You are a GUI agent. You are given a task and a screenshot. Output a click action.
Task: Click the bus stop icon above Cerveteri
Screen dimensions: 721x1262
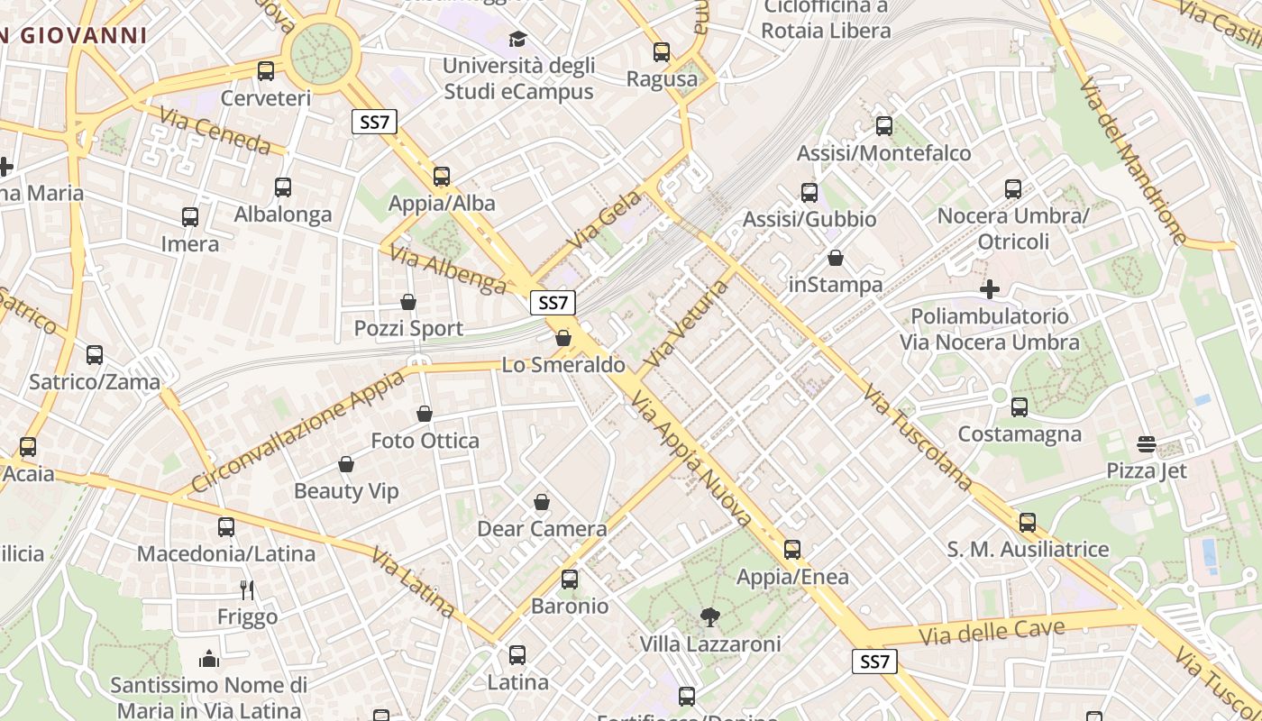tap(266, 71)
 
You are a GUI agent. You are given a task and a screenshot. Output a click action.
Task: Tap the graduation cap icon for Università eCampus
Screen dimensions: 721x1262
tap(517, 39)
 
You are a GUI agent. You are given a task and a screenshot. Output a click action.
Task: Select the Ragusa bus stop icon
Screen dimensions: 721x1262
tap(662, 52)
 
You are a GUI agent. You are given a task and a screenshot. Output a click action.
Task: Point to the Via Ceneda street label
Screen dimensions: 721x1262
tap(215, 130)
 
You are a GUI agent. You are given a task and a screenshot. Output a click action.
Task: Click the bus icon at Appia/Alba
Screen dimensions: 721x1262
tap(442, 177)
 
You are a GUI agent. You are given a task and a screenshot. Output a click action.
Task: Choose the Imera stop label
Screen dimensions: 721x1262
tap(189, 243)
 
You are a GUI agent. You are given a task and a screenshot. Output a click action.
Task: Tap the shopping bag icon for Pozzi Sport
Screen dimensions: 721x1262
tap(408, 302)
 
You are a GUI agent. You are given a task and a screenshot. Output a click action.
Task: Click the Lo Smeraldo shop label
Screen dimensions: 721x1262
tap(563, 365)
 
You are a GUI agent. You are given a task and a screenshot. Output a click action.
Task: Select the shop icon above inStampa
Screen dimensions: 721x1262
tap(836, 259)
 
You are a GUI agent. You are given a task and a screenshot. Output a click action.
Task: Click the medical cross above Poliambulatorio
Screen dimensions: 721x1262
tap(990, 289)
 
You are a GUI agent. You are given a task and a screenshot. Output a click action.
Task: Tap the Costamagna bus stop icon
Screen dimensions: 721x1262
tap(1020, 407)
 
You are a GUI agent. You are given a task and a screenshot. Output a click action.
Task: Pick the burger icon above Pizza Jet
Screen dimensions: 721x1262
tap(1147, 444)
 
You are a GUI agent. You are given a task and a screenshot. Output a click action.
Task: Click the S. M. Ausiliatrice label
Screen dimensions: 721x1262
tap(1028, 549)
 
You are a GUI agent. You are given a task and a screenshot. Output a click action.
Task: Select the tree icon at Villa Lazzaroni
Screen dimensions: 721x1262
tap(710, 617)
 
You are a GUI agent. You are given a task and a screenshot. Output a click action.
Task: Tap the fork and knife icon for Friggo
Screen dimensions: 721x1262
tap(247, 590)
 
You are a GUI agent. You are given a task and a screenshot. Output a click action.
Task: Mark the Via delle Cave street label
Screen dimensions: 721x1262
tap(992, 632)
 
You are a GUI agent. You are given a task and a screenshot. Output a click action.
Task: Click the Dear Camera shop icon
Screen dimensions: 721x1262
tap(542, 502)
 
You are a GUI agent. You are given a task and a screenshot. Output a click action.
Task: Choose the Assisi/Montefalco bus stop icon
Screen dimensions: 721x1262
tap(884, 126)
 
